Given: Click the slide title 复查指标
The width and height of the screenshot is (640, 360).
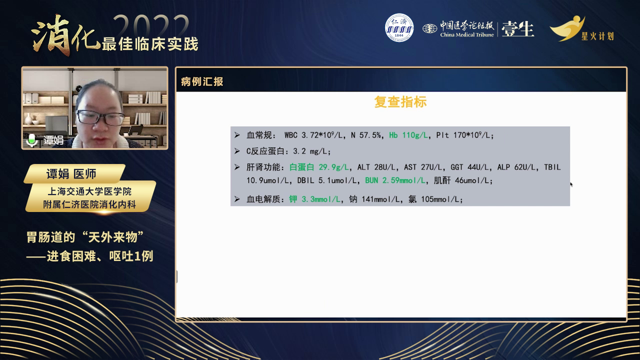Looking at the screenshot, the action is point(400,102).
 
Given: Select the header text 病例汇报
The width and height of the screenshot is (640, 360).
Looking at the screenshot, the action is point(202,81).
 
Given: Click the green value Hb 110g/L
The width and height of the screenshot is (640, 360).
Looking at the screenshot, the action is point(408,135).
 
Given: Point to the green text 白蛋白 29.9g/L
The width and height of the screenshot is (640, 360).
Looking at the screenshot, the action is point(319,167).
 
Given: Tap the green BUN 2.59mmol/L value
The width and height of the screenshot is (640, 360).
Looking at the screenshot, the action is point(395,180).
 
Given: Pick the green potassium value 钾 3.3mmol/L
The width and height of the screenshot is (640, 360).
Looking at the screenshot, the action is point(315,199).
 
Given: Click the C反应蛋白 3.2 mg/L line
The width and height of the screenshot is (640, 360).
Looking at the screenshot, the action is point(288,151).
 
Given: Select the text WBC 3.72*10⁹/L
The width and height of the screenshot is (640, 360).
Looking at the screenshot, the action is point(313,135).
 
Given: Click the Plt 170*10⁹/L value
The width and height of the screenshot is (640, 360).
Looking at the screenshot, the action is point(464,135).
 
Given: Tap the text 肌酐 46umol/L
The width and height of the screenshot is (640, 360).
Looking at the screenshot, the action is point(463,180).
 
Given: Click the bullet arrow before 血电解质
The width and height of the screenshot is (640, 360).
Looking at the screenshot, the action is point(237,199).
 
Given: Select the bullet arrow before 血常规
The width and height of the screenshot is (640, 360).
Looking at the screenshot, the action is point(237,135).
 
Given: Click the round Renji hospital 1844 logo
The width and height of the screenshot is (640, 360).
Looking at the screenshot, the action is point(399,27).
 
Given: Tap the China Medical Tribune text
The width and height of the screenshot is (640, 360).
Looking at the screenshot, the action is point(467,35).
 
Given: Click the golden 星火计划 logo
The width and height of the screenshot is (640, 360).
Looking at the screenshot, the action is point(582,28).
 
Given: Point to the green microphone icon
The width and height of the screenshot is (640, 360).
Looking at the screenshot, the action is point(31,140).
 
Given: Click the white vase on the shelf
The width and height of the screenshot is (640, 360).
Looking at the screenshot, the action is point(28,119).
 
